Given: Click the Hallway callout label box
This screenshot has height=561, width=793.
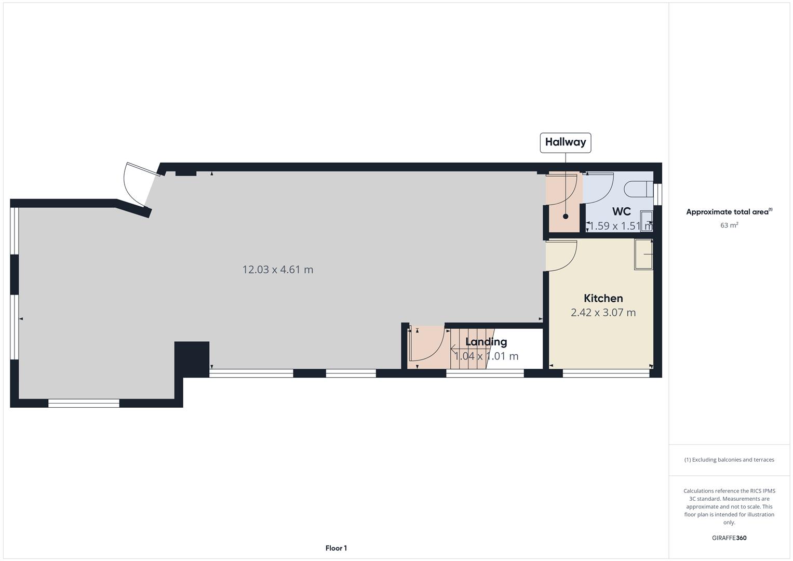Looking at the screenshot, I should [565, 142].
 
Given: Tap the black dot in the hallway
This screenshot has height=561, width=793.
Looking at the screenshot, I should [566, 217].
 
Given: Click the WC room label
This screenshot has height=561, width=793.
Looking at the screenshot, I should [621, 211].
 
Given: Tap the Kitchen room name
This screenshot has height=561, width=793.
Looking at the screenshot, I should [603, 298].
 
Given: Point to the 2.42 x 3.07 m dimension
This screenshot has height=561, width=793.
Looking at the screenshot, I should [603, 313].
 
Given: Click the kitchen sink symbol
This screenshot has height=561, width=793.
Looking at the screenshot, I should [643, 254].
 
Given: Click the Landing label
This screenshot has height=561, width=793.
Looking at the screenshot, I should [486, 342].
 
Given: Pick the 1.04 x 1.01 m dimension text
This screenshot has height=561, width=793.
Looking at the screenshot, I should [486, 356].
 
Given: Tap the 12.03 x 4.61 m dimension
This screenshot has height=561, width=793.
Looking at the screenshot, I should [278, 270].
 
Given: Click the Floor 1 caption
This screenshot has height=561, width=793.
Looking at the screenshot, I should [336, 548].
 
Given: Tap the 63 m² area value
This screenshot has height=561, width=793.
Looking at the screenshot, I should [729, 225].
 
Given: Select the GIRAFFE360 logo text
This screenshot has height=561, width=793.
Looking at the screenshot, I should [729, 538].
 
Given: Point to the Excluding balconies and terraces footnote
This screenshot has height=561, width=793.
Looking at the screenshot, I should [729, 460].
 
